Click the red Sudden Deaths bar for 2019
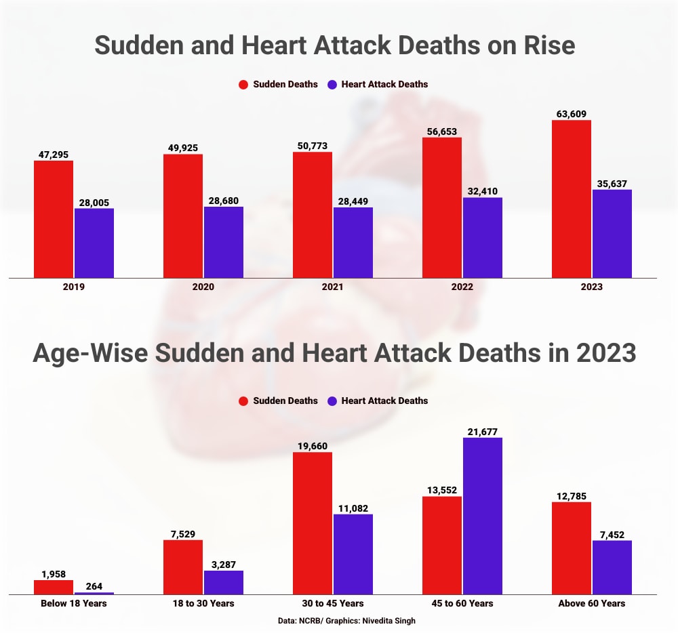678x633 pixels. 54,219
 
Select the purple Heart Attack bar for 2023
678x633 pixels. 612,234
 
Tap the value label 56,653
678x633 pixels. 442,131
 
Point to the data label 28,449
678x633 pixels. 353,201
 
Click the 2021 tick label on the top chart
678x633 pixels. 332,287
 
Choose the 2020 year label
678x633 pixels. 203,287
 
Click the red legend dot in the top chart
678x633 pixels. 243,85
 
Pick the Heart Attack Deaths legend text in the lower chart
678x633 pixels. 384,401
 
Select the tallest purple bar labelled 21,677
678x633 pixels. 482,516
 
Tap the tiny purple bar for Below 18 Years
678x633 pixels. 94,593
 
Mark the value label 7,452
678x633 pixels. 612,533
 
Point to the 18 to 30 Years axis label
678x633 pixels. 203,603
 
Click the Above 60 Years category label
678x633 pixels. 591,603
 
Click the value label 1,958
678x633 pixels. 54,573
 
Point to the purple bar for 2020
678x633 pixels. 223,242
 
